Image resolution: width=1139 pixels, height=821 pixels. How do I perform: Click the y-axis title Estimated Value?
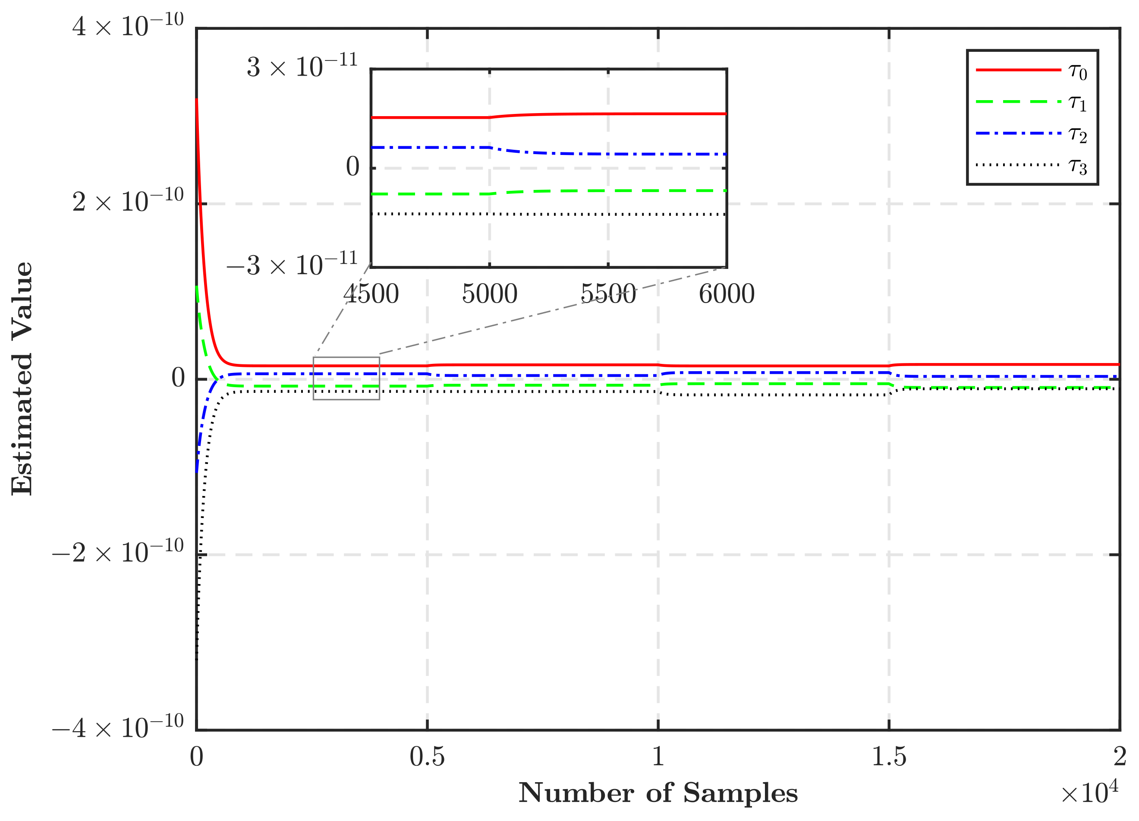[x=22, y=379]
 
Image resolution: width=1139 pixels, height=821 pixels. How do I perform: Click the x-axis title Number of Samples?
[x=658, y=793]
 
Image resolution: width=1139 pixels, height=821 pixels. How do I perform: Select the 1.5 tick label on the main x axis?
[x=888, y=757]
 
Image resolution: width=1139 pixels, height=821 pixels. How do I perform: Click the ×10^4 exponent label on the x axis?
[x=1089, y=793]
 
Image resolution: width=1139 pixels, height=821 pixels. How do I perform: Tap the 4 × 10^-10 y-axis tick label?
[x=128, y=26]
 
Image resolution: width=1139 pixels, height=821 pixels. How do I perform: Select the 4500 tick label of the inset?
[x=371, y=294]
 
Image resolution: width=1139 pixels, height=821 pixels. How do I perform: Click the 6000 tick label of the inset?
[x=726, y=294]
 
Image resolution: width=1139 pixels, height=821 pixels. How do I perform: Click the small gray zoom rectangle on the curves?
[x=346, y=379]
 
